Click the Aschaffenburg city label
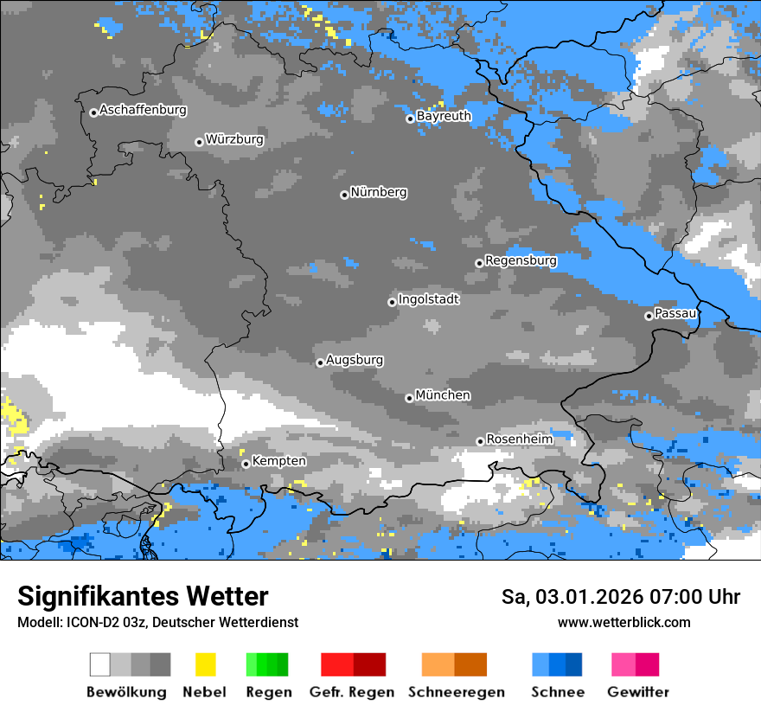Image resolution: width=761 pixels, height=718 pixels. pos(143,110)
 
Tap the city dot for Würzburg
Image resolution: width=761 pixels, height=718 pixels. pos(199,142)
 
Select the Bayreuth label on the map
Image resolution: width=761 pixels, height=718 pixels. pos(444,116)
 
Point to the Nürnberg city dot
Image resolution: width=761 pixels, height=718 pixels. pos(344,195)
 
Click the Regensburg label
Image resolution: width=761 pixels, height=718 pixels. pos(521,260)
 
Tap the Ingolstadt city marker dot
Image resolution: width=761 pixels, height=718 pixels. pos(392,302)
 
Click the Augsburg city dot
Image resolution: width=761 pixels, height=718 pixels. pos(320,362)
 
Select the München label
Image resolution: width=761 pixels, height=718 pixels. pos(443,395)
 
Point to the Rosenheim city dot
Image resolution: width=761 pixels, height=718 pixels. pos(480,441)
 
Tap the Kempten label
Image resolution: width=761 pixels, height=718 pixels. pos(278,461)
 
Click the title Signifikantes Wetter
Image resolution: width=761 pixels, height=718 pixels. pos(143,596)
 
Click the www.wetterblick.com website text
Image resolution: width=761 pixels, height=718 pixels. pos(624,622)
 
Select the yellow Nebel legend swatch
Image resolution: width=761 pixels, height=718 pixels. pos(205,664)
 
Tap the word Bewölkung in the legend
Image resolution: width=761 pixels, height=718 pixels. pos(126,692)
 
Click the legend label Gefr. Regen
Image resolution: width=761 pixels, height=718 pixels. pos(352,692)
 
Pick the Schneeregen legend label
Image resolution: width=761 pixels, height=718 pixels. pos(457,692)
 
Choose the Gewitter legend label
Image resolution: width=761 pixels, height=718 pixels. pos(638,692)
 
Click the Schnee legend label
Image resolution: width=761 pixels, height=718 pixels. pos(558,692)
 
